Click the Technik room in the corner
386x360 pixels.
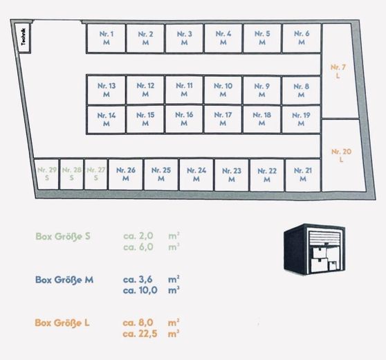pyautogui.click(x=23, y=38)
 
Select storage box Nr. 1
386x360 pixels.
pyautogui.click(x=106, y=38)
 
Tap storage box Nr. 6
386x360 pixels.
pyautogui.click(x=302, y=38)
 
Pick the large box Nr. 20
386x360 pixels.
pyautogui.click(x=342, y=155)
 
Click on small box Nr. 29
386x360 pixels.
pyautogui.click(x=46, y=174)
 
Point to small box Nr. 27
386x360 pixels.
pyautogui.click(x=95, y=174)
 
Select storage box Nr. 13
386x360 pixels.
pyautogui.click(x=107, y=90)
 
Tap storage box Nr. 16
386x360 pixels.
pyautogui.click(x=184, y=119)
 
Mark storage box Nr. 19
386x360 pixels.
pyautogui.click(x=302, y=119)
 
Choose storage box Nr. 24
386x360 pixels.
pyautogui.click(x=196, y=174)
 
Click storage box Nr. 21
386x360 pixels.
pyautogui.click(x=303, y=175)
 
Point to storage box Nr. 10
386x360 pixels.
pyautogui.click(x=223, y=90)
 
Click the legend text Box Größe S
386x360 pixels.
pyautogui.click(x=63, y=236)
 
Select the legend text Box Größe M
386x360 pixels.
pyautogui.click(x=64, y=280)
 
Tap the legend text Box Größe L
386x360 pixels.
pyautogui.click(x=62, y=323)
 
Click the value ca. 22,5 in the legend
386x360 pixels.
pyautogui.click(x=140, y=334)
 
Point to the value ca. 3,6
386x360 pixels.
pyautogui.click(x=138, y=280)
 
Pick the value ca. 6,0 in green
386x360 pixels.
pyautogui.click(x=138, y=247)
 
